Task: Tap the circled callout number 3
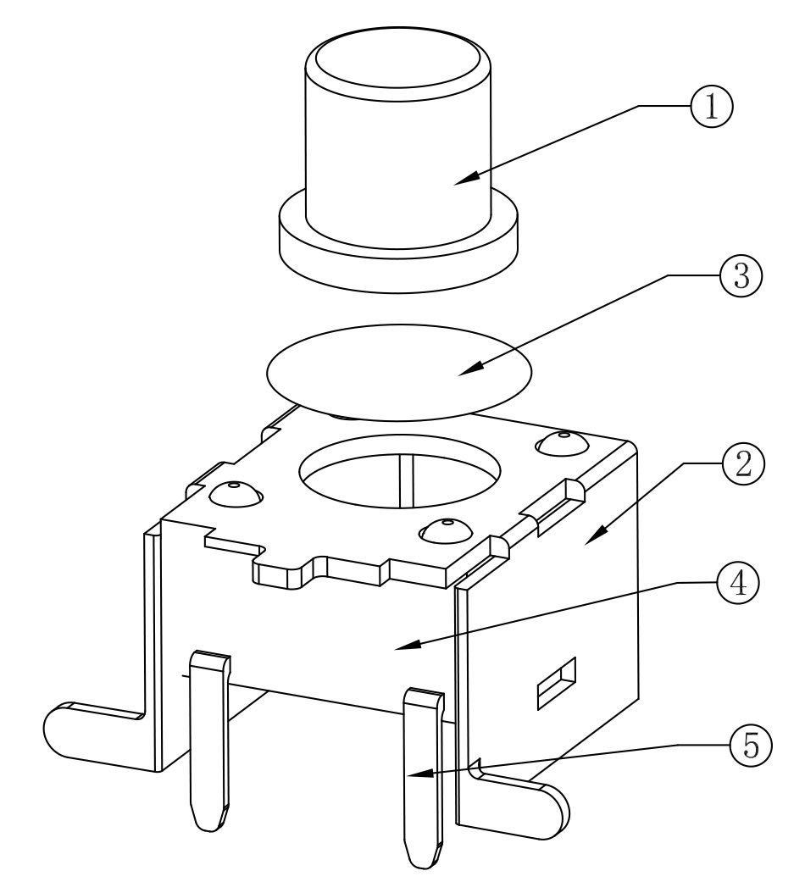(x=740, y=275)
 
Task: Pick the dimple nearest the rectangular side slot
(x=444, y=531)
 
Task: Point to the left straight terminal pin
(x=207, y=737)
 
